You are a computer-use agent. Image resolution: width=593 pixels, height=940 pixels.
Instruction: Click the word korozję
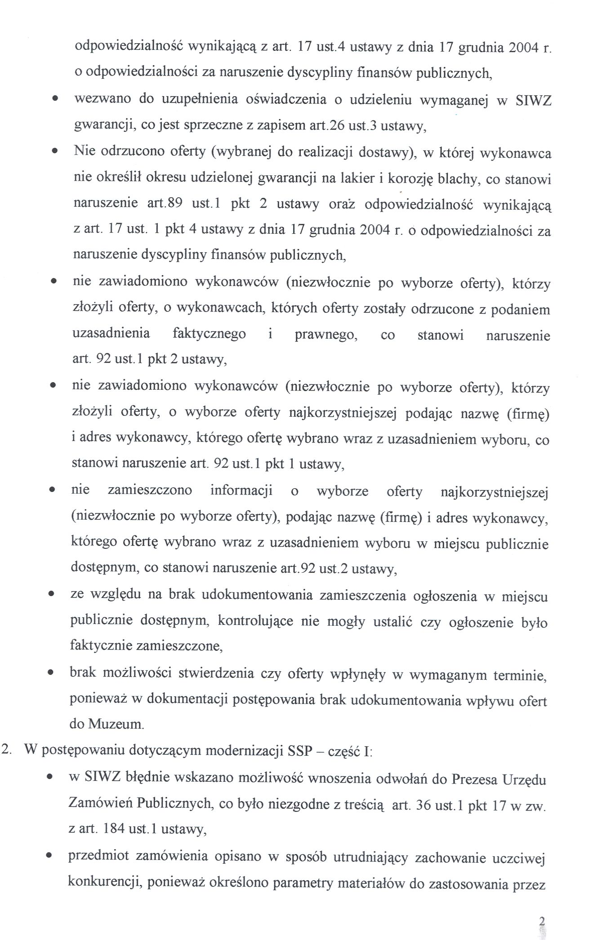point(410,179)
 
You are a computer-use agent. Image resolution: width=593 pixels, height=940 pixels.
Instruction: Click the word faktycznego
point(209,334)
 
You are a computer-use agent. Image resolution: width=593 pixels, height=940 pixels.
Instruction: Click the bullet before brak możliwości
point(52,674)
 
